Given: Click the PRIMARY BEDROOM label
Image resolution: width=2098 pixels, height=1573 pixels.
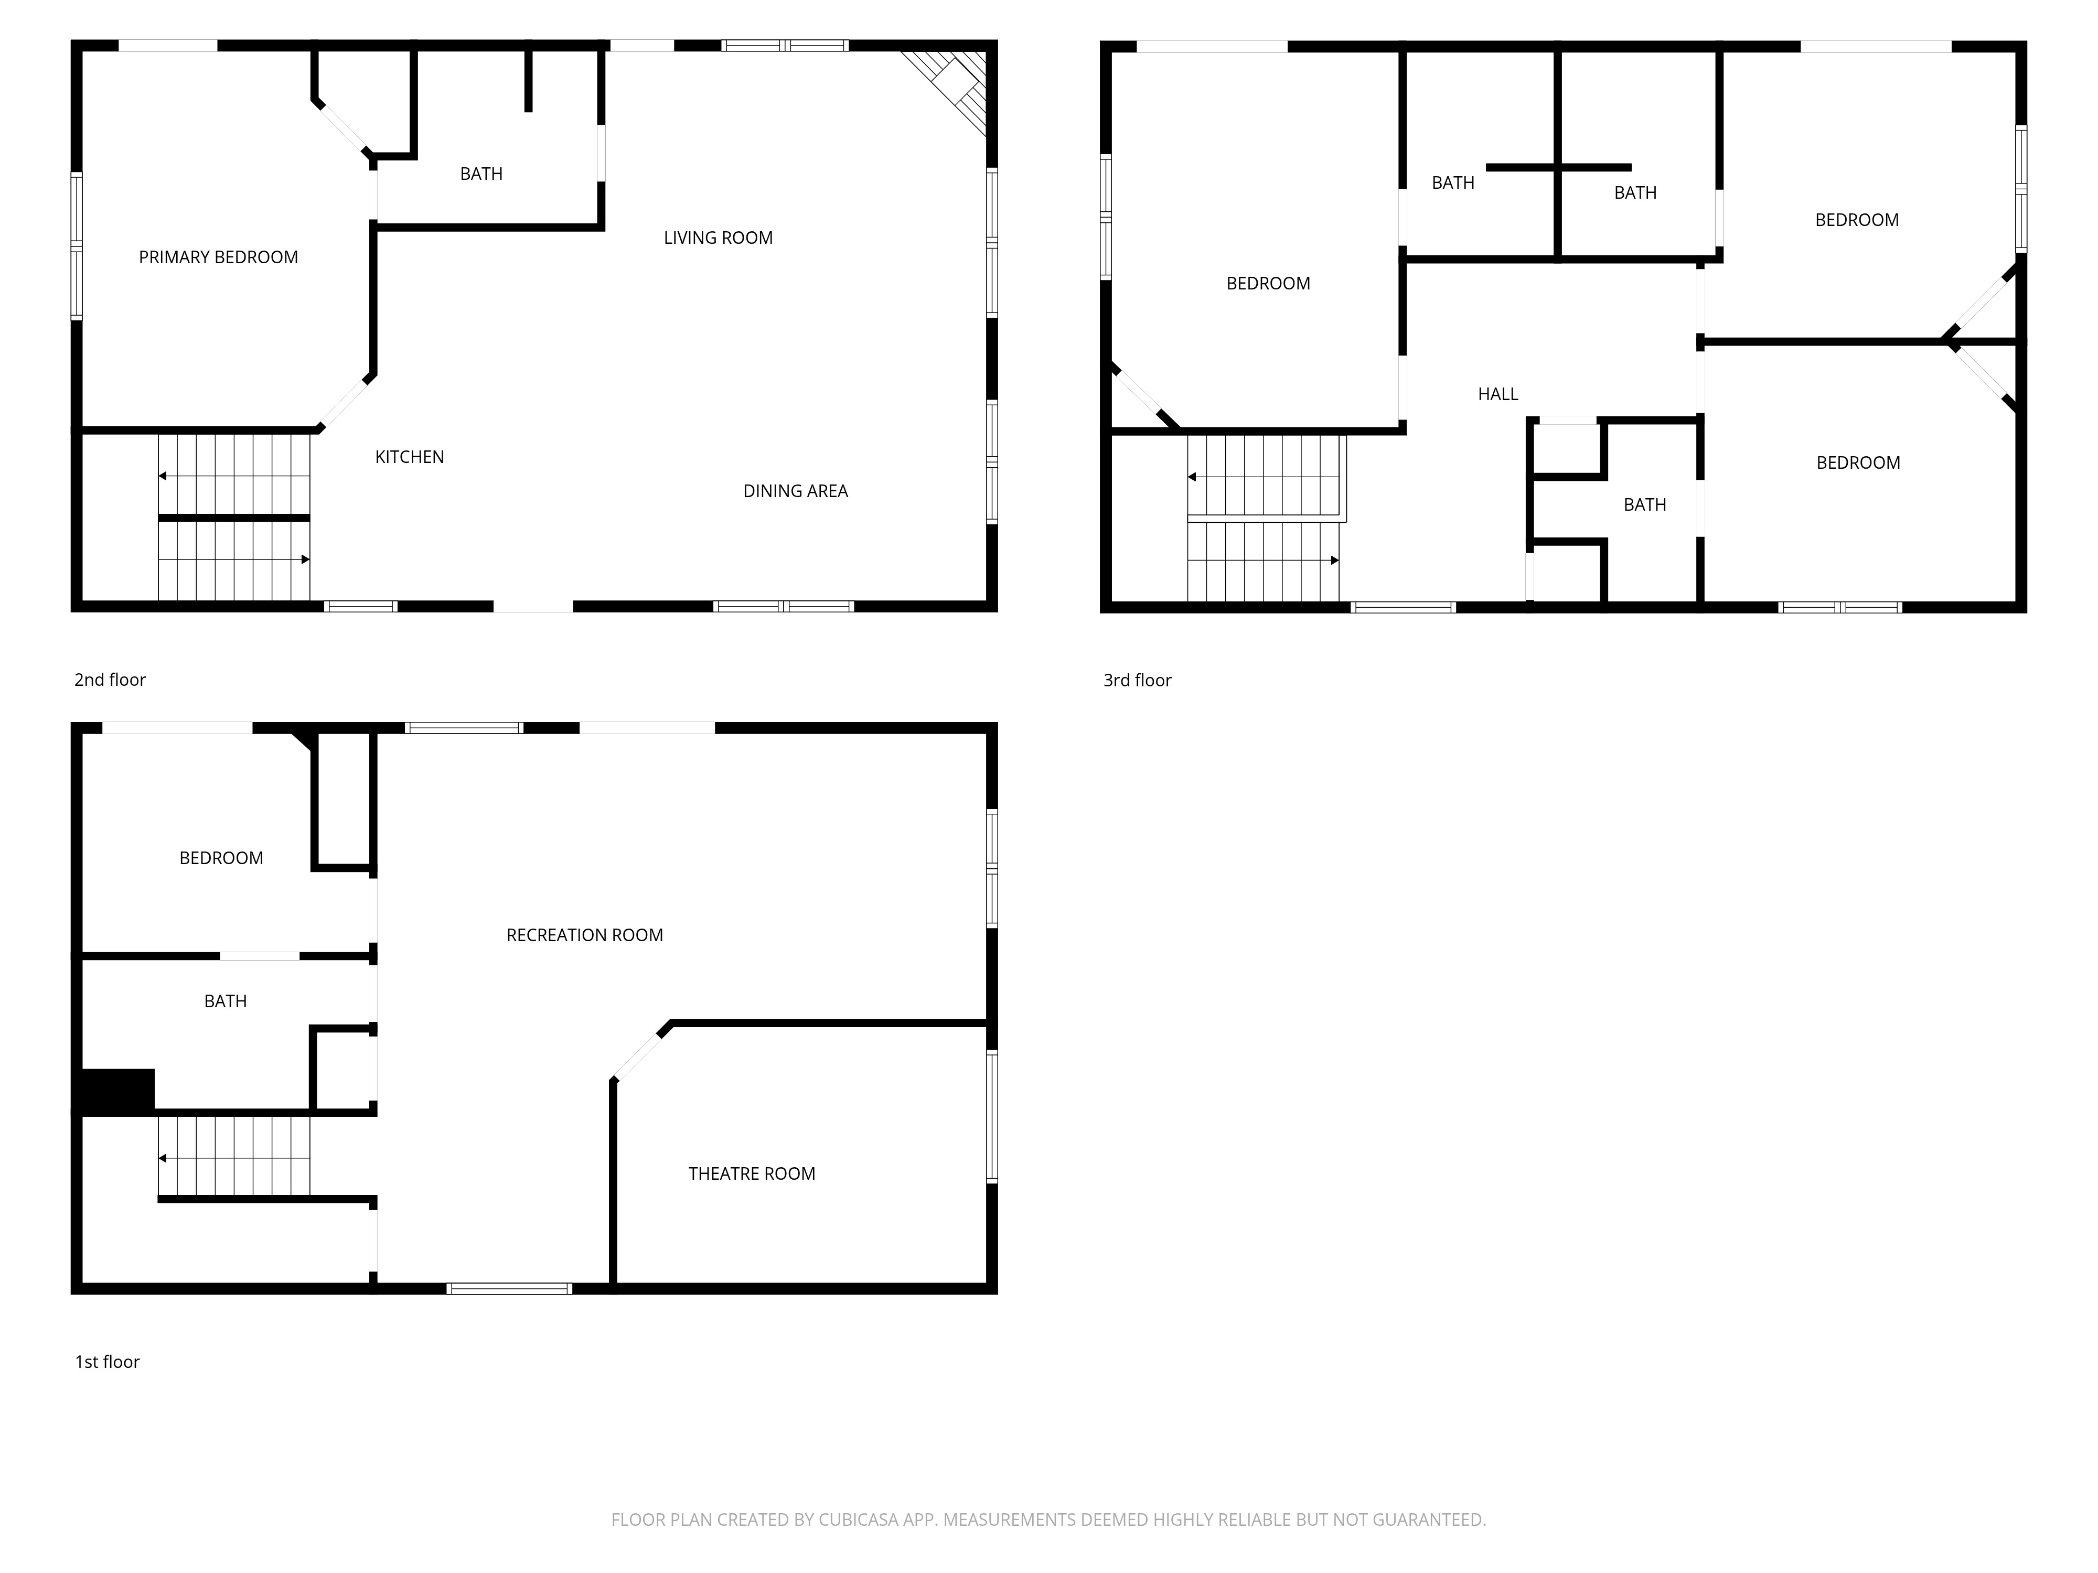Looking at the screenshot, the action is (x=218, y=257).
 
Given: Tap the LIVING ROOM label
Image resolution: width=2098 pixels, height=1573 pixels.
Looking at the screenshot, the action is (x=718, y=238).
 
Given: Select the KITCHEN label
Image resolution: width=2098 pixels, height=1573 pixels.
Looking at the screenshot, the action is (x=410, y=457).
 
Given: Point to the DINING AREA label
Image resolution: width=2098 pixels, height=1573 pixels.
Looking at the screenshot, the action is (x=795, y=491).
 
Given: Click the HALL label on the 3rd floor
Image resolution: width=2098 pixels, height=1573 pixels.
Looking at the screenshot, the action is (x=1497, y=393).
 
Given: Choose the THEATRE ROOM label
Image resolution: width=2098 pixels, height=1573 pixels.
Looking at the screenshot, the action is (x=751, y=1174).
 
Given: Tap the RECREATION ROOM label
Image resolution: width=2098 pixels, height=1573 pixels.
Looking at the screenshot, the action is (x=584, y=935).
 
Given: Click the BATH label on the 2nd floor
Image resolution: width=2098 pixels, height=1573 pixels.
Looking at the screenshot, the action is (x=481, y=174).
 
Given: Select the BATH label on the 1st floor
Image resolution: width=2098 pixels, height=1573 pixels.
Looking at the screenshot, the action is (x=225, y=1001).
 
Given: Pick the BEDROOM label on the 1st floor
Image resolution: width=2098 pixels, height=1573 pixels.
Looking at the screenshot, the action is (x=221, y=858).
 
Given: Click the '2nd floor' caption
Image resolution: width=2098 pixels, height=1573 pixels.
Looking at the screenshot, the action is (x=110, y=680).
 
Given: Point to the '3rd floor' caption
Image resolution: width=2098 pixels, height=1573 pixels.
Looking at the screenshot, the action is (x=1137, y=680).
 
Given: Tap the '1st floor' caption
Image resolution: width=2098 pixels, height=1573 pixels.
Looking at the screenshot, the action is (x=107, y=1362).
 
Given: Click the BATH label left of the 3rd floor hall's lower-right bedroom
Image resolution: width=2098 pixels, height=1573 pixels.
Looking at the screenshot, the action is (x=1645, y=504).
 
